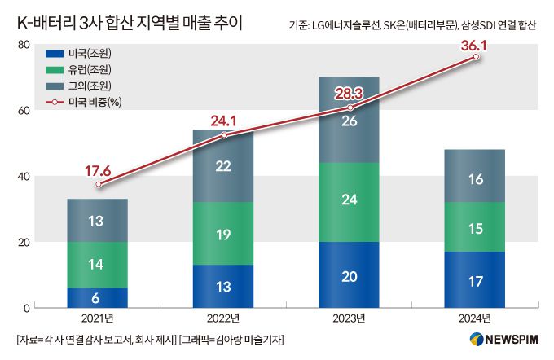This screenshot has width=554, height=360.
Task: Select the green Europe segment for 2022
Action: pyautogui.click(x=223, y=234)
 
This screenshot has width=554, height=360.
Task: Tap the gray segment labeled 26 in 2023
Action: pyautogui.click(x=349, y=121)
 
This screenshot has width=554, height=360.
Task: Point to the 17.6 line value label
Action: pyautogui.click(x=98, y=171)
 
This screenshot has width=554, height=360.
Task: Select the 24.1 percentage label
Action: pyautogui.click(x=223, y=121)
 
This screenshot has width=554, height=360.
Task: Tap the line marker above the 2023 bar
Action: pyautogui.click(x=350, y=108)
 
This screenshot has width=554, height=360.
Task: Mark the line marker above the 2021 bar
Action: pyautogui.click(x=99, y=185)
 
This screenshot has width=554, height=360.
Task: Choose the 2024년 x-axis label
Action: pyautogui.click(x=474, y=319)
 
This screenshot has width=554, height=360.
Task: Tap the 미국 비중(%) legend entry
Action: pyautogui.click(x=87, y=102)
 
